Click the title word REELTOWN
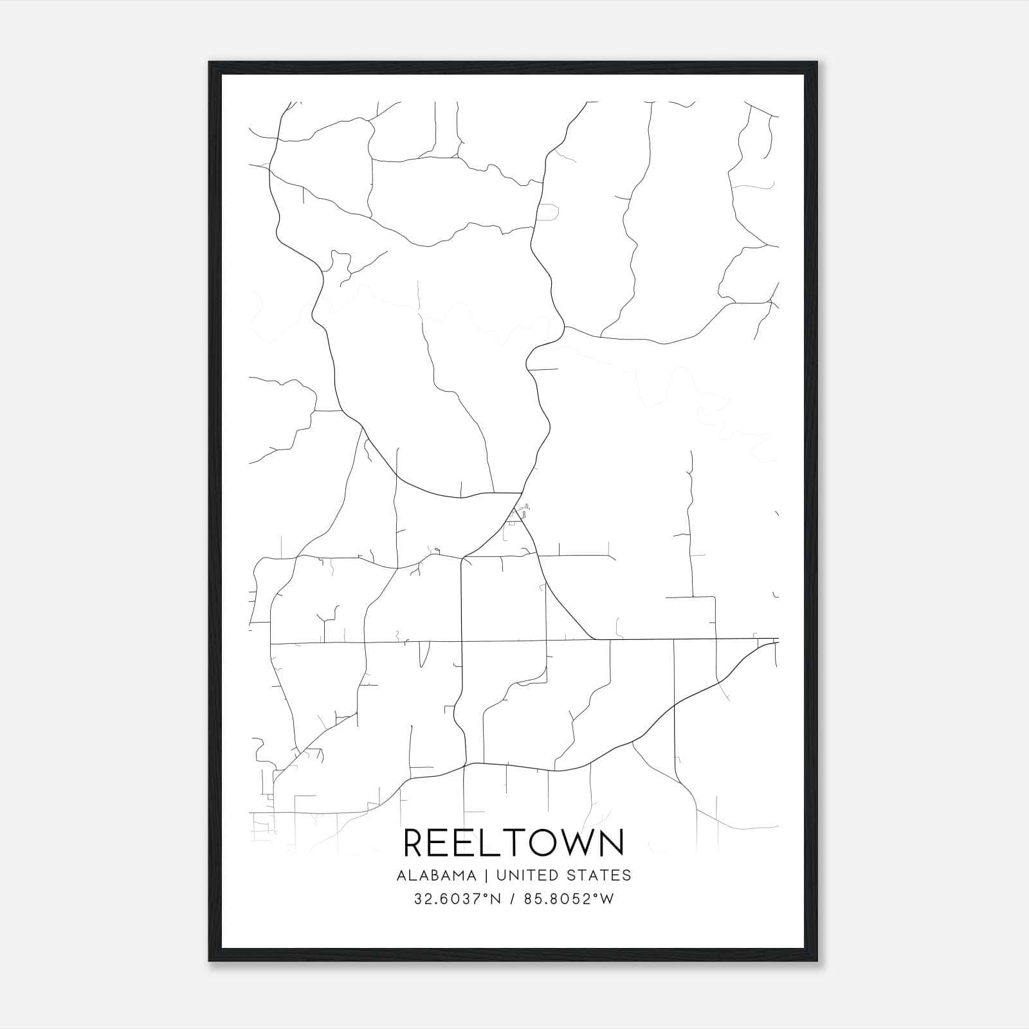pyautogui.click(x=513, y=842)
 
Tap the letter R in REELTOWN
pyautogui.click(x=415, y=842)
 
